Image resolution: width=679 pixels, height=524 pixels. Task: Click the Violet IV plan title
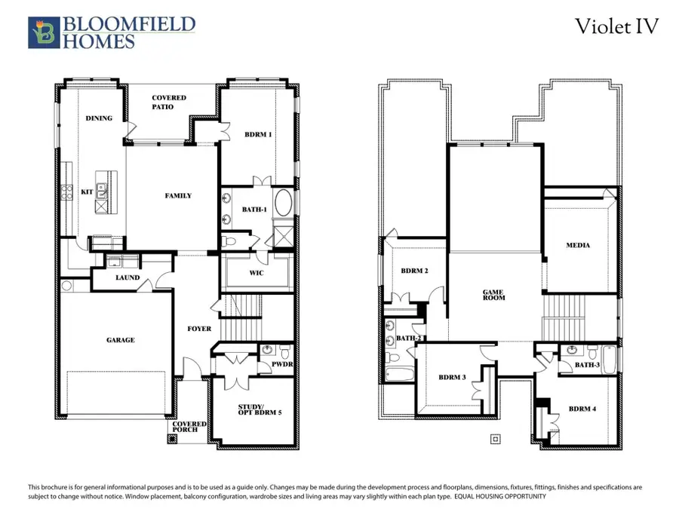coord(617,26)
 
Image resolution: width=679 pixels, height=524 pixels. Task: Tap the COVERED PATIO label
coord(168,103)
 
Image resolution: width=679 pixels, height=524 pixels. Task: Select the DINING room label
coord(99,118)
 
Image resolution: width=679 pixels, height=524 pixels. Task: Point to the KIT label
coord(86,192)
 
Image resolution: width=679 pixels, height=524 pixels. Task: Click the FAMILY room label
coord(178,196)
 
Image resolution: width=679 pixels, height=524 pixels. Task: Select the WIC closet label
coord(256,274)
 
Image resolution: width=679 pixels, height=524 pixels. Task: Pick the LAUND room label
coord(127,277)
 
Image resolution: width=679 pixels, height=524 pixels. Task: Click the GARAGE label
coord(120,340)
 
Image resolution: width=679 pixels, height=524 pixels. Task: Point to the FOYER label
coord(199,329)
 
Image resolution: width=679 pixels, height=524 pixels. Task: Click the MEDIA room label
coord(578,246)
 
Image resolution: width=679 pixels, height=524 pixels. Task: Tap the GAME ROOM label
coord(494,295)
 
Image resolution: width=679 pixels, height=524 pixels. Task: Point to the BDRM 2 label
coord(414,271)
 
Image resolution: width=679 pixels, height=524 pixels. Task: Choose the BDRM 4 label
coord(582,409)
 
